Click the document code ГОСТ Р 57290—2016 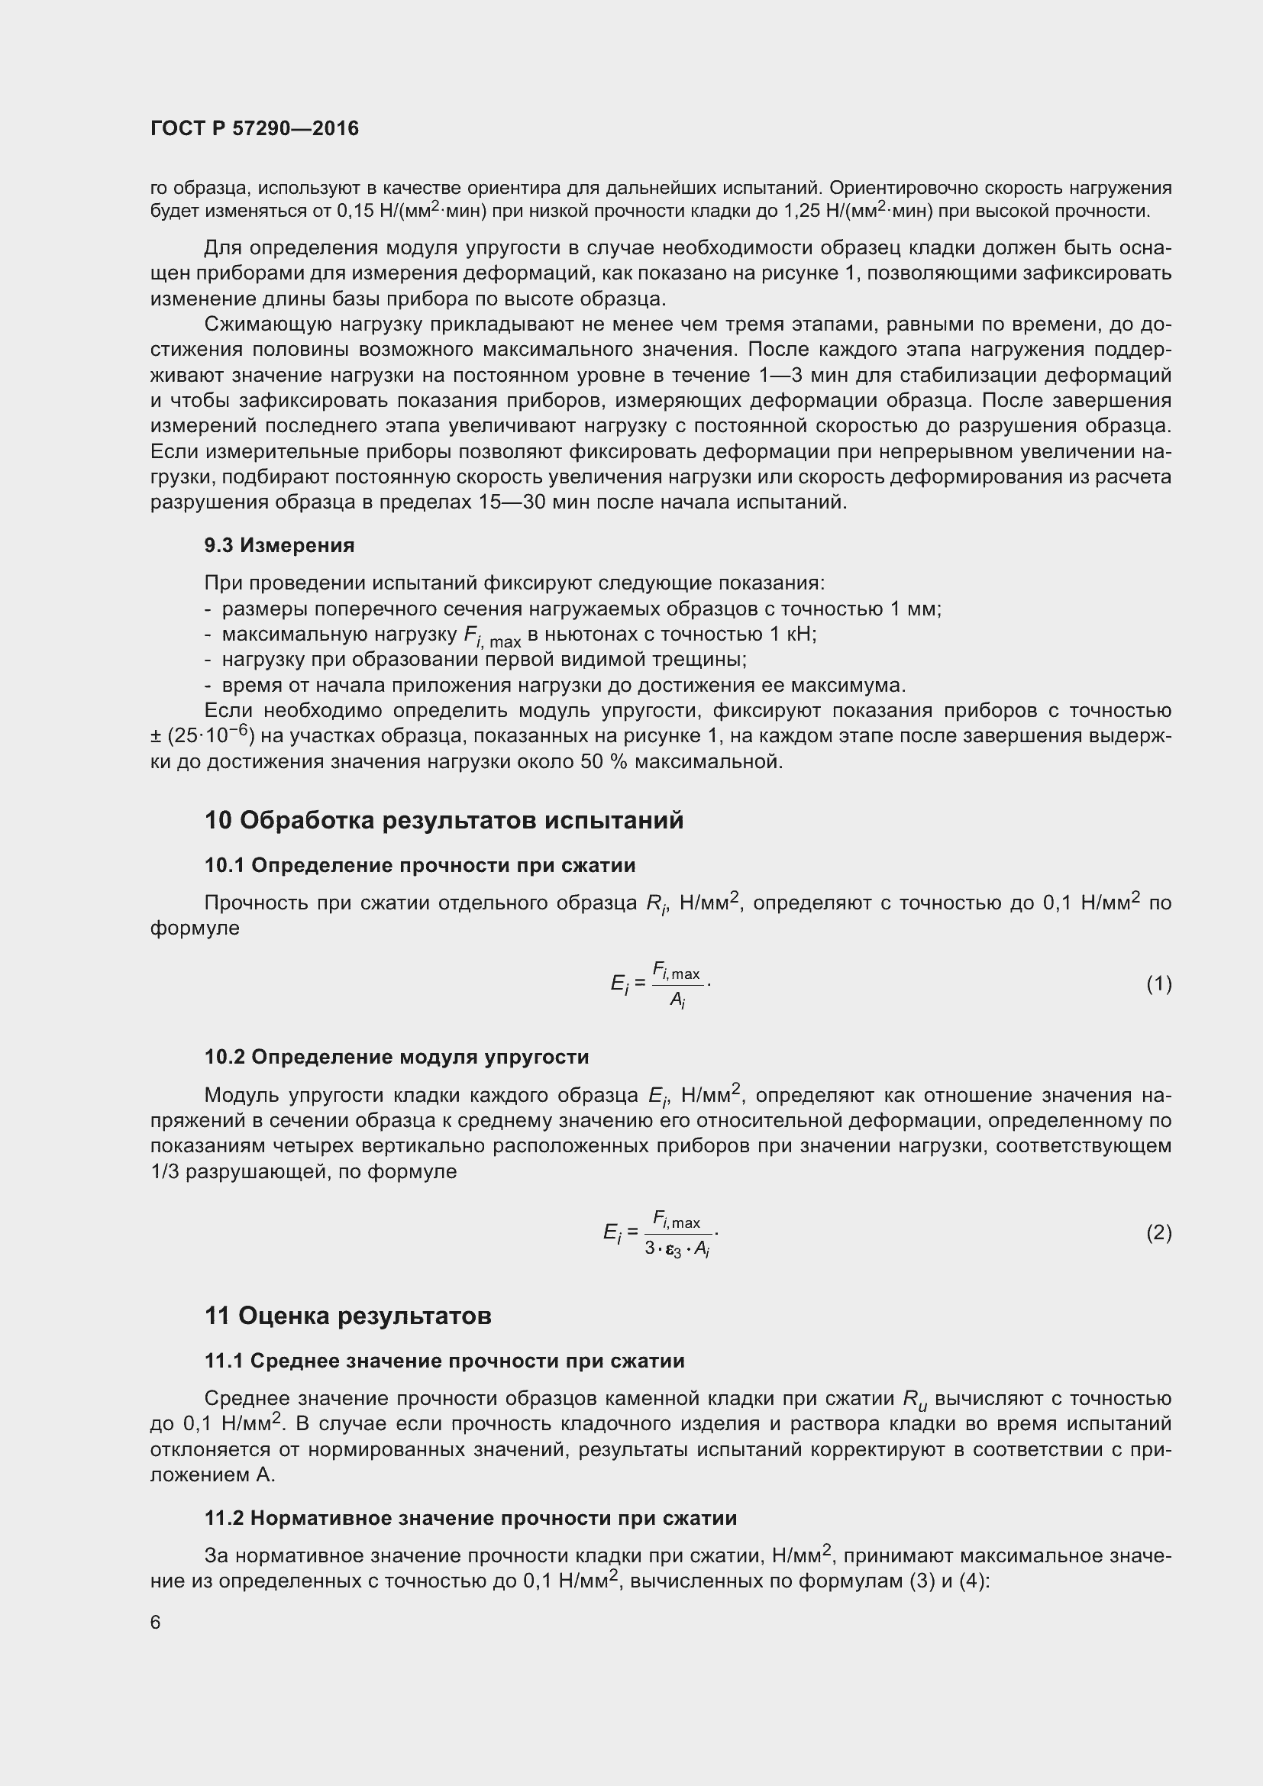pos(254,128)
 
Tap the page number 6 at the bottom pos(156,1622)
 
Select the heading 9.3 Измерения pos(279,545)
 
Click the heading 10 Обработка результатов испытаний pos(444,820)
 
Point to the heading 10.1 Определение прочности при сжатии pos(420,865)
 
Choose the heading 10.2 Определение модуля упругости pos(396,1056)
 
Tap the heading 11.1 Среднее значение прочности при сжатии pos(444,1361)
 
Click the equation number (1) pos(1158,984)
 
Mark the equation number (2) pos(1158,1232)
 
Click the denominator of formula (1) pos(677,1002)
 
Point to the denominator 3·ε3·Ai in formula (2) pos(677,1249)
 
